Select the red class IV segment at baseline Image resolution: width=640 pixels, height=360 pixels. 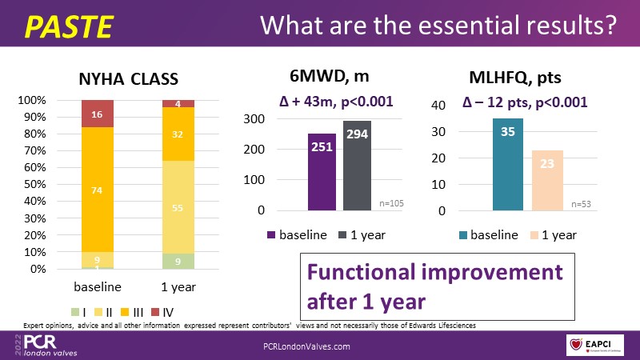click(98, 114)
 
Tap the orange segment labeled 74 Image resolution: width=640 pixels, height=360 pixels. click(98, 190)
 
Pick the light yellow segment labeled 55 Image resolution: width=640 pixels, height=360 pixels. click(178, 207)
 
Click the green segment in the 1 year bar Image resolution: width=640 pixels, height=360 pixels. click(178, 261)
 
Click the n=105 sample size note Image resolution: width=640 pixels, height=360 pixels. click(391, 204)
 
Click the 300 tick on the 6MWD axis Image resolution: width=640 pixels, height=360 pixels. click(255, 119)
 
